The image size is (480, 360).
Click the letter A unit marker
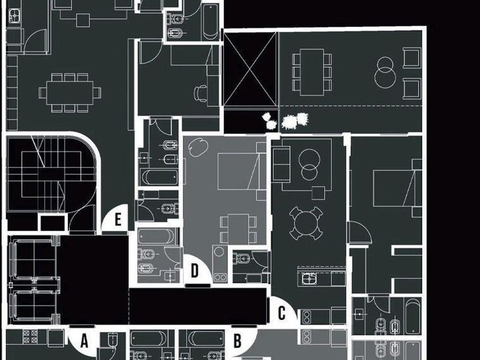pyautogui.click(x=84, y=341)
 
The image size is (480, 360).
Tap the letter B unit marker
pyautogui.click(x=238, y=341)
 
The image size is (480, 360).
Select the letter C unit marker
pyautogui.click(x=282, y=313)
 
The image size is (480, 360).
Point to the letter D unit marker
pyautogui.click(x=195, y=271)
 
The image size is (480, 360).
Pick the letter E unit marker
pyautogui.click(x=118, y=219)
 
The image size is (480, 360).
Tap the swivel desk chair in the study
pyautogui.click(x=201, y=93)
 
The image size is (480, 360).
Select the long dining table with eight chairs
pyautogui.click(x=70, y=93)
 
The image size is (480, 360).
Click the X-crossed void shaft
pyautogui.click(x=250, y=69)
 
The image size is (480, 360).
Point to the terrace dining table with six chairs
pyautogui.click(x=312, y=72)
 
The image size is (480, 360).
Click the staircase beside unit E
pyautogui.click(x=50, y=174)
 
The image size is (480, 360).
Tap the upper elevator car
pyautogui.click(x=33, y=259)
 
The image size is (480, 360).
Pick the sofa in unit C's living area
pyautogui.click(x=281, y=165)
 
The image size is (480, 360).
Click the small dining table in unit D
pyautogui.click(x=238, y=229)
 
